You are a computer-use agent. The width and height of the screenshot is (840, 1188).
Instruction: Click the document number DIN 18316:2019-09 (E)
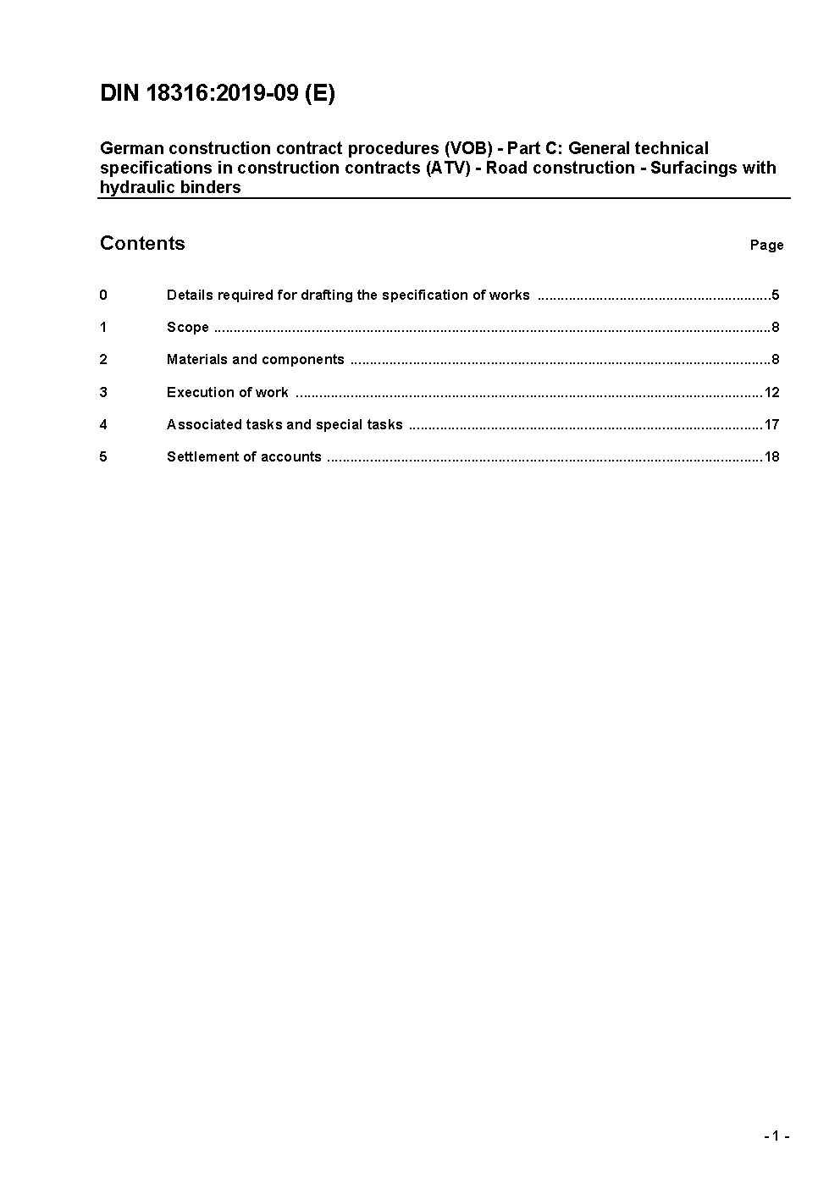218,93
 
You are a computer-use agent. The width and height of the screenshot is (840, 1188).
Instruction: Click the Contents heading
142,244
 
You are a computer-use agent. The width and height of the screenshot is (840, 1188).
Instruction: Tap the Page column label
766,246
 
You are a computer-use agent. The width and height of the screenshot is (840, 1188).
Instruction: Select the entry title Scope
188,328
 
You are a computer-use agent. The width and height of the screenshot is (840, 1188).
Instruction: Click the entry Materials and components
255,360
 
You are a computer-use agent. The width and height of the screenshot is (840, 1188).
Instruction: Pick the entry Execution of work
227,393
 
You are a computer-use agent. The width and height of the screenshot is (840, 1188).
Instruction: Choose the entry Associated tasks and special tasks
285,425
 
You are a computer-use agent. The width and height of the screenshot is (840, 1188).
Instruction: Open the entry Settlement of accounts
244,457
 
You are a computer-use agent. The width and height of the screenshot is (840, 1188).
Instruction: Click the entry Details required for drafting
348,296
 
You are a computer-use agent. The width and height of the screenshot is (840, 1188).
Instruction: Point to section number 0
103,296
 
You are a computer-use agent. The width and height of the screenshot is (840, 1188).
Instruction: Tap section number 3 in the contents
103,393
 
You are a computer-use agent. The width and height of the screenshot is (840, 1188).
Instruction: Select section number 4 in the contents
103,425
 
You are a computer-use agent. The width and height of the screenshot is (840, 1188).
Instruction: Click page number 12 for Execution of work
771,393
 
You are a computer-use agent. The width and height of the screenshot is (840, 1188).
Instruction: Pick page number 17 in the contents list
771,425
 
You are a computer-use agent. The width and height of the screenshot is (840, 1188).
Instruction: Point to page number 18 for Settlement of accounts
771,457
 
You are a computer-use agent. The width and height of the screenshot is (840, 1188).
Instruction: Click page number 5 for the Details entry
775,296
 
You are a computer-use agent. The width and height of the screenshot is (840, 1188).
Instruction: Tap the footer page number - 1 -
776,1136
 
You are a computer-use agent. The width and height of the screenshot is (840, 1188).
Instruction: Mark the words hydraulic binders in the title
170,188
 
